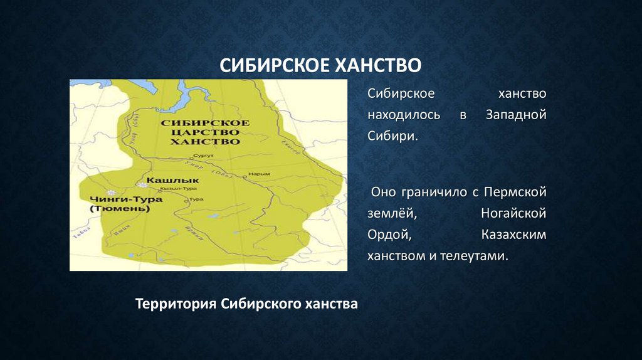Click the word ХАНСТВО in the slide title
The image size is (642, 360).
(377, 65)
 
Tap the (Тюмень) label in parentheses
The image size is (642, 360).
(120, 209)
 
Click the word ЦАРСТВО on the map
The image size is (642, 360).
(199, 132)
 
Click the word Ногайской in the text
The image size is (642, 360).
(513, 213)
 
